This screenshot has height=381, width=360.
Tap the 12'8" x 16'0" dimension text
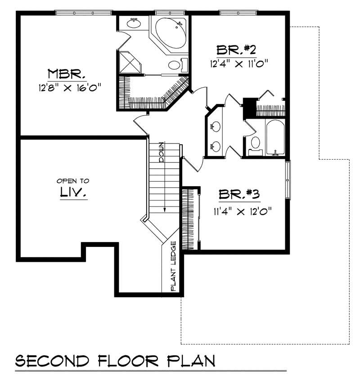click(x=68, y=87)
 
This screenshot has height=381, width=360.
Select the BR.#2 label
click(x=237, y=49)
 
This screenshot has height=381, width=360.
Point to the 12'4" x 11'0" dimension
click(x=238, y=63)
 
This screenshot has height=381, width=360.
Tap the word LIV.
click(x=73, y=193)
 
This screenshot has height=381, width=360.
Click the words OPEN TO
click(x=72, y=180)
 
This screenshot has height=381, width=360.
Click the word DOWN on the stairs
click(x=162, y=152)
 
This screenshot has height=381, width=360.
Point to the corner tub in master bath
click(x=171, y=31)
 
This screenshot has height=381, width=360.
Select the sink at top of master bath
click(x=133, y=23)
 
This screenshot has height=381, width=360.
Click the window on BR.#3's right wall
click(x=288, y=179)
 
